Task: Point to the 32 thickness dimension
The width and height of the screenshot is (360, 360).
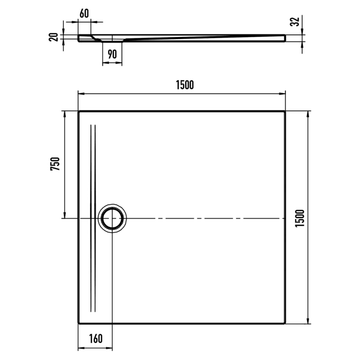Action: pyautogui.click(x=295, y=22)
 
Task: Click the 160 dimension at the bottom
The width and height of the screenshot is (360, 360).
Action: pyautogui.click(x=95, y=339)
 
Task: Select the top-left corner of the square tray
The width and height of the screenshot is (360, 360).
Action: pyautogui.click(x=79, y=111)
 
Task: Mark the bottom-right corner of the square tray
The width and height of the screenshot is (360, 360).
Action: pyautogui.click(x=285, y=324)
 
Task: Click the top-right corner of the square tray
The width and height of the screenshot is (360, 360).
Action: pyautogui.click(x=285, y=111)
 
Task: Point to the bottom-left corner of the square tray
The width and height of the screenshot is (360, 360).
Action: pyautogui.click(x=79, y=324)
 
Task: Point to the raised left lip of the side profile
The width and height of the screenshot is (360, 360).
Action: pyautogui.click(x=82, y=37)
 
